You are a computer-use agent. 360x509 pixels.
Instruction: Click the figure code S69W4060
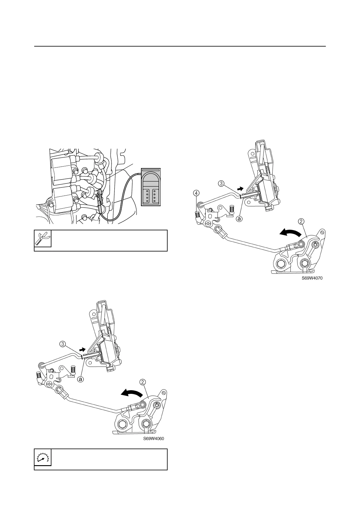pyautogui.click(x=153, y=439)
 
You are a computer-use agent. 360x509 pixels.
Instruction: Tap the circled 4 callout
pyautogui.click(x=197, y=192)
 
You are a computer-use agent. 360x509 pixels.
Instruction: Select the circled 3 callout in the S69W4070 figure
pyautogui.click(x=221, y=183)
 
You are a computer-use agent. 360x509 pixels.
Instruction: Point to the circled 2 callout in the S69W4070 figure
pyautogui.click(x=301, y=221)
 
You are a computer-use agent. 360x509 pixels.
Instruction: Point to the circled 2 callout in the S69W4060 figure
pyautogui.click(x=142, y=382)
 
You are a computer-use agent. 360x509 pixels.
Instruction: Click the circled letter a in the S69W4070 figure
pyautogui.click(x=239, y=219)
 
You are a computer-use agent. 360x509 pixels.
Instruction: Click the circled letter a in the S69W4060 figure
pyautogui.click(x=80, y=379)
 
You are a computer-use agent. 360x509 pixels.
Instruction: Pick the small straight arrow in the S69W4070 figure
pyautogui.click(x=240, y=189)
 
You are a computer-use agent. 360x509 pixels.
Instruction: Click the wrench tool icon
pyautogui.click(x=43, y=238)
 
